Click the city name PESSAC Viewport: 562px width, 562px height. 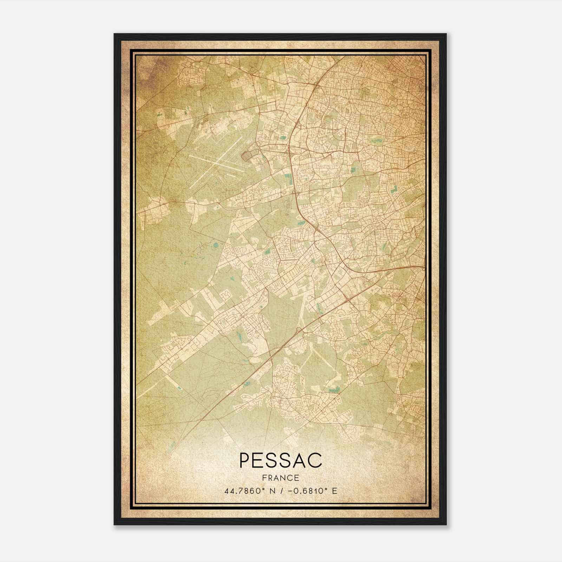(280, 460)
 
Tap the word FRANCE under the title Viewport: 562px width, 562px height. (280, 478)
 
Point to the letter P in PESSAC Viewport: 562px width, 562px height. (245, 460)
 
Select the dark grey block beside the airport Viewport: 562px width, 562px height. (248, 154)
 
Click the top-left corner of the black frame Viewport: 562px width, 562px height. (115, 34)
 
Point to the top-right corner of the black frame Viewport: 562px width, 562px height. (446, 34)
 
